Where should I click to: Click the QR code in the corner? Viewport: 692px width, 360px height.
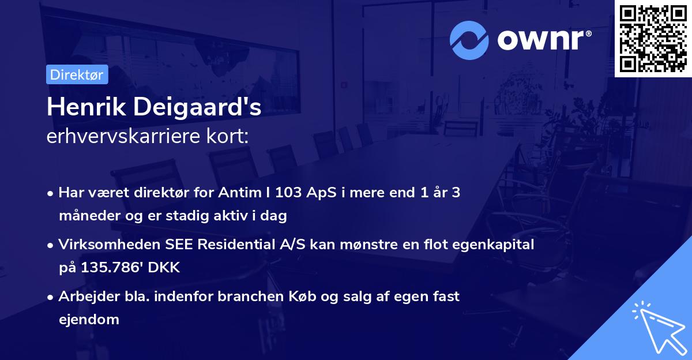653,38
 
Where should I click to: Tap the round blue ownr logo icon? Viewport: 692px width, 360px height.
469,40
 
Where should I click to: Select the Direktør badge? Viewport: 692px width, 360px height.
77,74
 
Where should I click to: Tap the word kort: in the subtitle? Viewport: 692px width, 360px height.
230,138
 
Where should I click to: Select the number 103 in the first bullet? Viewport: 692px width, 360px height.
288,193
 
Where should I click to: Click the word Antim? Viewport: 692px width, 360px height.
239,193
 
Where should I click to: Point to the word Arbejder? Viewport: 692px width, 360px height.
85,296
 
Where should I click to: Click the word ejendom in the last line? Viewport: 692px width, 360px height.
89,319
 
